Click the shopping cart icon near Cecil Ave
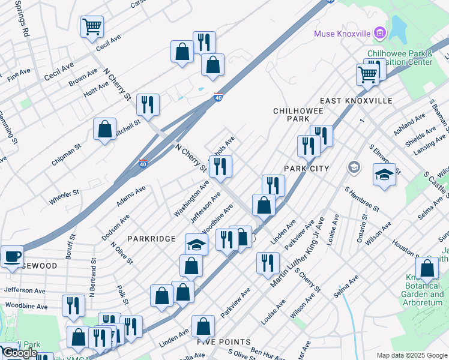coord(92,26)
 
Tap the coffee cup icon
coord(12,257)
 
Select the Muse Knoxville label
coord(342,34)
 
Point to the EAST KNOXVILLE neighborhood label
coord(356,101)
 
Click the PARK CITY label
coord(307,169)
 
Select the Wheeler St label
coord(64,197)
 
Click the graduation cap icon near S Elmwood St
coord(384,175)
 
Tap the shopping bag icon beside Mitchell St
coord(105,129)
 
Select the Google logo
coord(20,353)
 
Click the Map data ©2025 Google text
coord(412,355)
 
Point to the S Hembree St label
coord(362,199)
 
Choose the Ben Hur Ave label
coord(264,351)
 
